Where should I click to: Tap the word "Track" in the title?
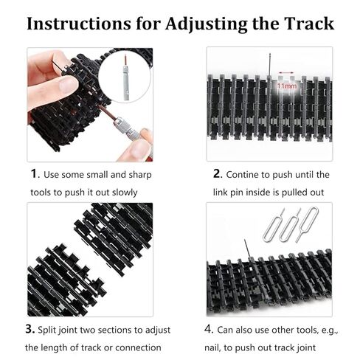[x=306, y=23]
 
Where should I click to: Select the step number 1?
[x=33, y=175]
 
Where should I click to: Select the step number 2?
[x=217, y=175]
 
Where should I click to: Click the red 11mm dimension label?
[x=287, y=86]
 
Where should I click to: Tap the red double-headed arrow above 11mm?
[x=287, y=75]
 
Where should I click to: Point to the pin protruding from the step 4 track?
[x=246, y=248]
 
